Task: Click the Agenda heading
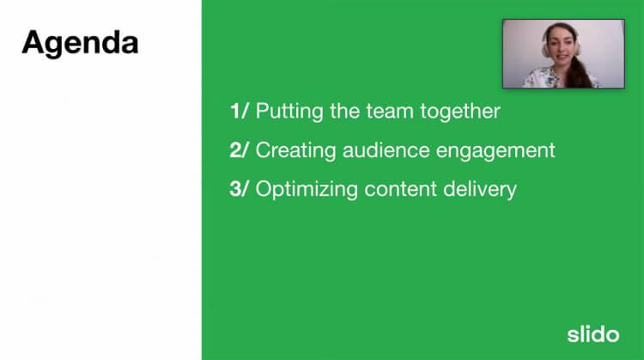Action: [x=79, y=42]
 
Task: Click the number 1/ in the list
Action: [x=239, y=111]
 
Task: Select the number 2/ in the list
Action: [x=240, y=149]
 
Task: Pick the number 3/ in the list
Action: [x=240, y=188]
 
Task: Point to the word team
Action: [x=387, y=111]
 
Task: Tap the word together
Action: [x=460, y=112]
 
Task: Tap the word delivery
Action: [x=481, y=189]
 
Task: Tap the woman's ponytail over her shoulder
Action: [x=580, y=73]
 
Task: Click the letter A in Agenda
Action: [x=33, y=42]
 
